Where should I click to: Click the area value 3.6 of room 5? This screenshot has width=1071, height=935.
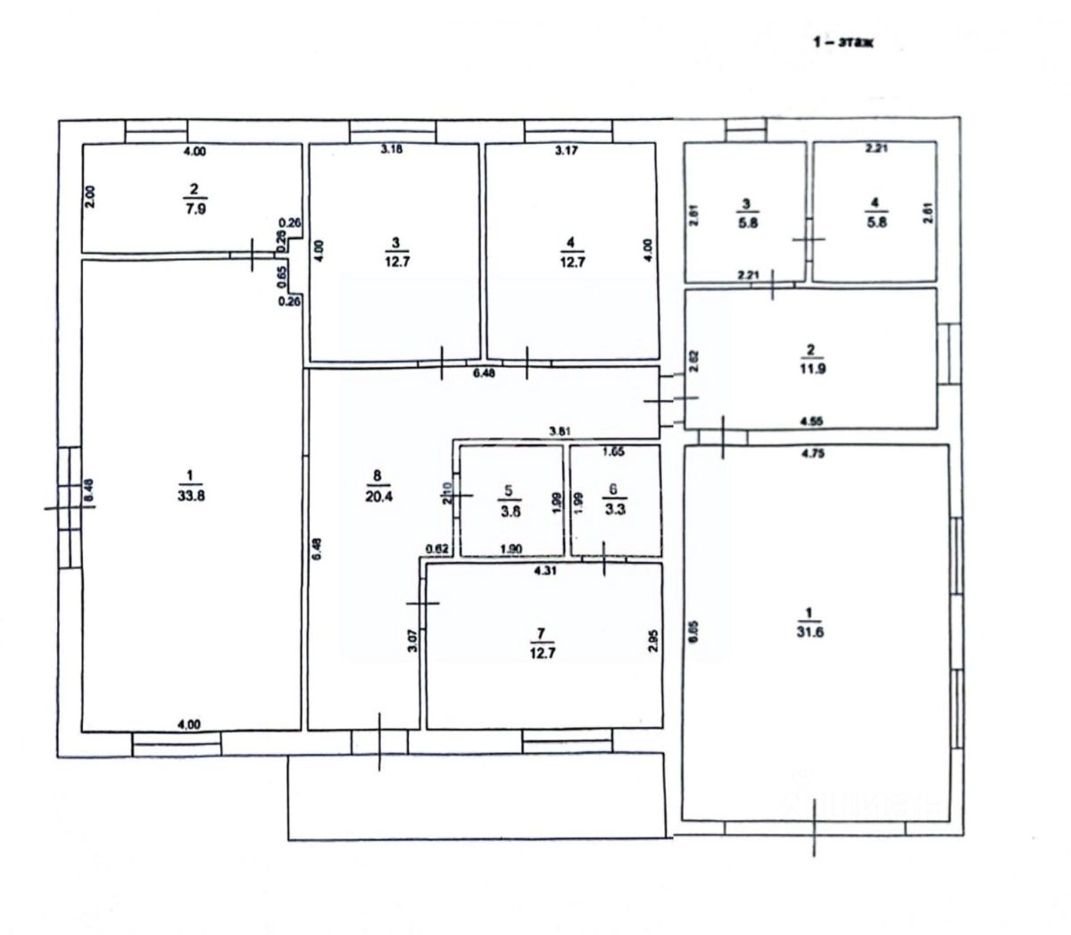(511, 512)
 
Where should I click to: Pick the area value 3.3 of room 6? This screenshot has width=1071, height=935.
(612, 512)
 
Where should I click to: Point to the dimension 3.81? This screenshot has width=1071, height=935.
(560, 432)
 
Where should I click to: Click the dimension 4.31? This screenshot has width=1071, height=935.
(544, 572)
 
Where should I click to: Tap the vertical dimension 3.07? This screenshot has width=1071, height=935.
(412, 640)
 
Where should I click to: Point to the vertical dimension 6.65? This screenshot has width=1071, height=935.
(693, 631)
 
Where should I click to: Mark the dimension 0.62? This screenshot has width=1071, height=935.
(437, 549)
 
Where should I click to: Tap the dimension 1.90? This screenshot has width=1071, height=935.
(511, 549)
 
